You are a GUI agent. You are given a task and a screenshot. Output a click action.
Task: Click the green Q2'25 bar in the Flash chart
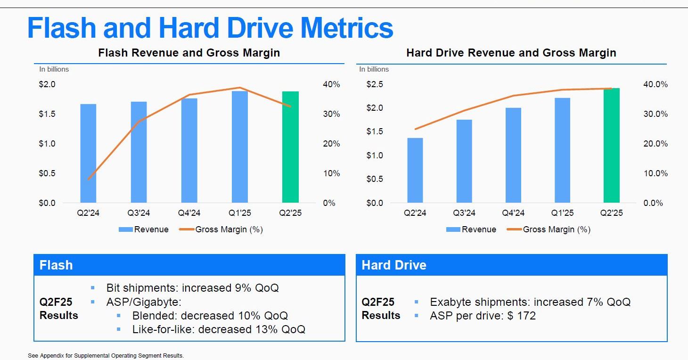click(x=290, y=147)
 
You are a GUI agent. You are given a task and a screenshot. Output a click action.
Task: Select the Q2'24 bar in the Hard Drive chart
click(x=415, y=170)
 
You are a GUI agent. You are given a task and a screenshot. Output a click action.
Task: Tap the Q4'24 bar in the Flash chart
click(x=189, y=150)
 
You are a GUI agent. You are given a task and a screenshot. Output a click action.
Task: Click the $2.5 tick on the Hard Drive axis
click(x=375, y=84)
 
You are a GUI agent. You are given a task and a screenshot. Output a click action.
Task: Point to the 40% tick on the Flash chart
click(x=331, y=84)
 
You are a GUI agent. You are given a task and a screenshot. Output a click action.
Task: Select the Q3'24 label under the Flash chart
click(x=139, y=213)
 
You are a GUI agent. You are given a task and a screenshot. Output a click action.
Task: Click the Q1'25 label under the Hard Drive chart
click(x=562, y=213)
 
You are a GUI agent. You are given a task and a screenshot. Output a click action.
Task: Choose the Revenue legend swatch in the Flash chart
click(x=126, y=229)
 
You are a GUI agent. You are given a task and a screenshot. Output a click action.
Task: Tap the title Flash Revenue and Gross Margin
click(x=189, y=53)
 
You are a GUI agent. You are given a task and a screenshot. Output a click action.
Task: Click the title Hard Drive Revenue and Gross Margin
click(x=511, y=53)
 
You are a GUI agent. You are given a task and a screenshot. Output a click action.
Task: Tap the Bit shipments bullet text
click(x=192, y=288)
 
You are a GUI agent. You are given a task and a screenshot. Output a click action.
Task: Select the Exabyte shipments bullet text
click(x=530, y=302)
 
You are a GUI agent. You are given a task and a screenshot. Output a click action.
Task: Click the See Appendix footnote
click(x=106, y=356)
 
